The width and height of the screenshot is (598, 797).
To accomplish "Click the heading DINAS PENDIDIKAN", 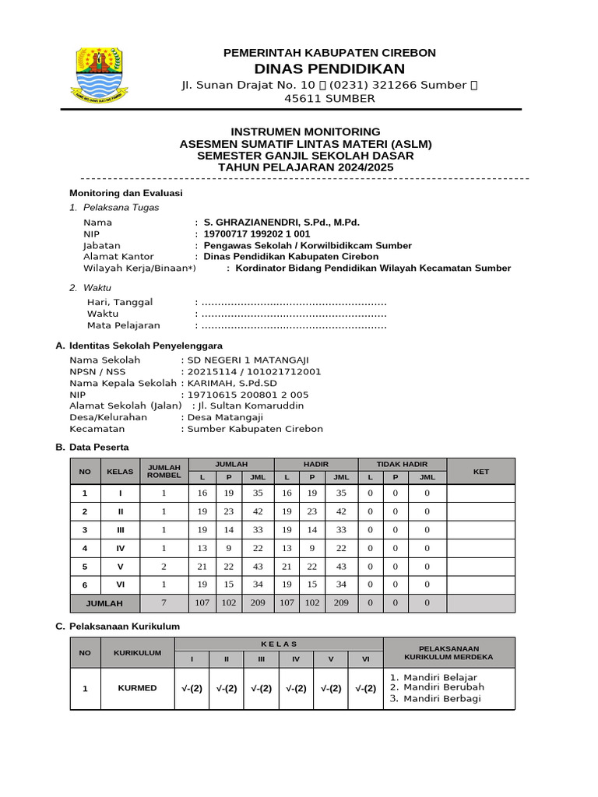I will point(329,68).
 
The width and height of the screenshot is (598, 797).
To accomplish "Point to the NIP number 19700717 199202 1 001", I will point(256,233).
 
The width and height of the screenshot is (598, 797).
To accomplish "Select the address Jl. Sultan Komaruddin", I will point(251,406).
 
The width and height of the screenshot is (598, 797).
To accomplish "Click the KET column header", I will point(480,471).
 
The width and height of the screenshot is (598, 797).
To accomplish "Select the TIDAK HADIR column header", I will point(402,464).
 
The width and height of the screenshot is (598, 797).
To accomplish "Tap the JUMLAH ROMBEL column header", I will point(164,470).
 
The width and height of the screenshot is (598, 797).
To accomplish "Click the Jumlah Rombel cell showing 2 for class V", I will point(164,566).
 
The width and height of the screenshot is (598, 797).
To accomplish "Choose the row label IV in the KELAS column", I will point(120,548).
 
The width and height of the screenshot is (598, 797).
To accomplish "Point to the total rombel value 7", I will point(164,603).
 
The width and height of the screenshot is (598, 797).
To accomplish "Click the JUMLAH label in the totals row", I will point(104,603).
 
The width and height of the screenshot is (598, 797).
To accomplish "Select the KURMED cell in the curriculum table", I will point(137,688).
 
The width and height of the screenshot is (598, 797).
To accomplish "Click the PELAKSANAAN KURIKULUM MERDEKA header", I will point(448,652).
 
